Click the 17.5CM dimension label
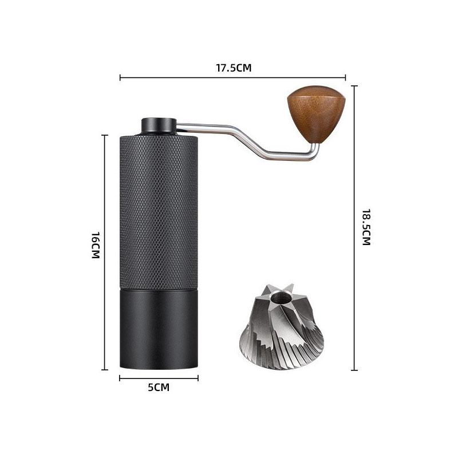pos(234,68)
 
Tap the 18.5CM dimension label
pos(366,228)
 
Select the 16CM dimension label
pos(95,245)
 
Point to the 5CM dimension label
pos(159,388)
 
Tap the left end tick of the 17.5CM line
pos(120,77)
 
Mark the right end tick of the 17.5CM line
pos(346,77)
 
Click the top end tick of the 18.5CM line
pos(354,86)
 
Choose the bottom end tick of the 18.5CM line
pos(354,370)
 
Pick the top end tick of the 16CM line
pos(105,135)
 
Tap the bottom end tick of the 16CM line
pos(105,370)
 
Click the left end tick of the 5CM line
pos(120,378)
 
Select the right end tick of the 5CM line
pos(198,378)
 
